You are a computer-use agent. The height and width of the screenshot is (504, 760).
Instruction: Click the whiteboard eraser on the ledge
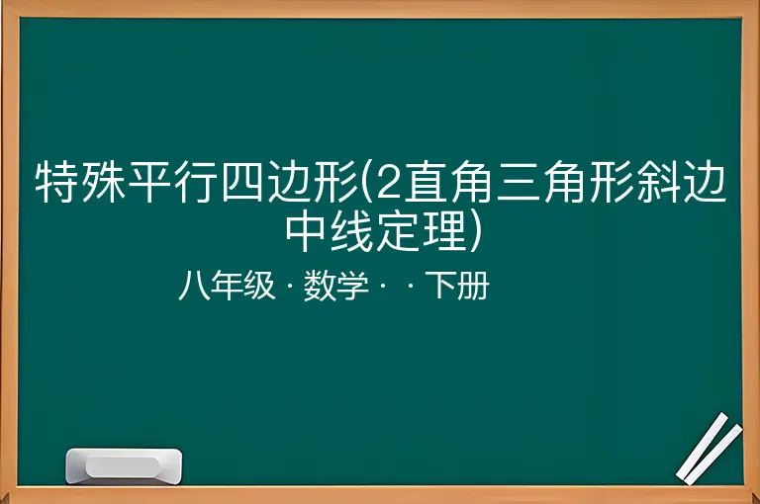pos(124,465)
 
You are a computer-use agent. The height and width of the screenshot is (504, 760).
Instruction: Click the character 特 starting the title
pos(57,182)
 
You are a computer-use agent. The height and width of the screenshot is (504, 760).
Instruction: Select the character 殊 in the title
pos(104,182)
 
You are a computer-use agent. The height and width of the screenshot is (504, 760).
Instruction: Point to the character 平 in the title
pos(149,182)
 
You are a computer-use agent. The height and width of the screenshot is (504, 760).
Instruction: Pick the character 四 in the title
pos(242,182)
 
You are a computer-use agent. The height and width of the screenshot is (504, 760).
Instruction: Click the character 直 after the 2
pos(427,182)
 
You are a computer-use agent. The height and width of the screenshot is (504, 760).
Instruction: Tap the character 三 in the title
pos(519,182)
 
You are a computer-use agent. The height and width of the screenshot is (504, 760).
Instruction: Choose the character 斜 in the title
pos(658,182)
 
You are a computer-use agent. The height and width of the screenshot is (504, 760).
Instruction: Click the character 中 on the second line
pos(306,230)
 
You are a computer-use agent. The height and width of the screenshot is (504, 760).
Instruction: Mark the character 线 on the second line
pos(352,230)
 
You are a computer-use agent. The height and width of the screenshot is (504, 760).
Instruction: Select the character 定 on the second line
pos(399,230)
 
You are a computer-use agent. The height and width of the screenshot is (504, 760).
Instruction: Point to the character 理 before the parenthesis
pos(444,230)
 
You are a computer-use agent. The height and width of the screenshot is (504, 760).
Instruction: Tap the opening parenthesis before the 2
pos(366,182)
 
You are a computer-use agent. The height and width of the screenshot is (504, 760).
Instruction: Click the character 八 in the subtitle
pos(195,286)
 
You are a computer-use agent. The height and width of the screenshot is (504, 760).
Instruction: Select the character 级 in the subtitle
pos(259,286)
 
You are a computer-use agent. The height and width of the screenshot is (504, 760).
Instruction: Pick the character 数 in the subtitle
pos(320,286)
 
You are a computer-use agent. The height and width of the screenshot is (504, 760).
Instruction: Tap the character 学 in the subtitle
pos(352,286)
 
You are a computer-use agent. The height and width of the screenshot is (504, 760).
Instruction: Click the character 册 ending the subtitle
pos(474,286)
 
